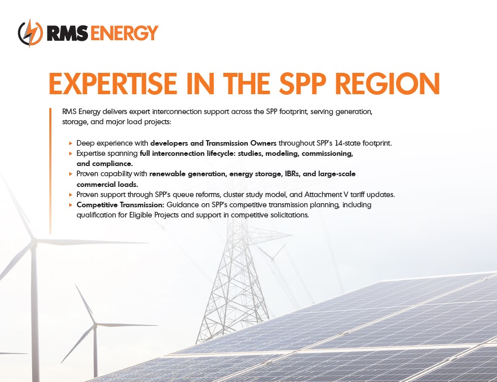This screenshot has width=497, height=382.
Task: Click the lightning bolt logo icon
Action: pyautogui.click(x=31, y=33)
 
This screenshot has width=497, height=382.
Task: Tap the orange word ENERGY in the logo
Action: pyautogui.click(x=124, y=33)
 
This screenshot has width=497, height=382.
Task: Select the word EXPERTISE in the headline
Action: pyautogui.click(x=113, y=84)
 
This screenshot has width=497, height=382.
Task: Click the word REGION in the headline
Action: pyautogui.click(x=388, y=84)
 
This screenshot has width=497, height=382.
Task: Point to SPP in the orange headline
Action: pyautogui.click(x=303, y=84)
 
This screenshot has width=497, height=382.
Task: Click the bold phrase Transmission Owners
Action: pyautogui.click(x=241, y=143)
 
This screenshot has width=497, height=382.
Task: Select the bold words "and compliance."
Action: pyautogui.click(x=105, y=163)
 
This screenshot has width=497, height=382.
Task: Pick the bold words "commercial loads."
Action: pyautogui.click(x=107, y=184)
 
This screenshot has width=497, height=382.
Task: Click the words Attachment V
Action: pyautogui.click(x=328, y=195)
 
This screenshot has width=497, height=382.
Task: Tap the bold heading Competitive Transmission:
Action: pyautogui.click(x=121, y=205)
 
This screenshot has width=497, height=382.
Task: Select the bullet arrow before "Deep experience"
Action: pyautogui.click(x=71, y=144)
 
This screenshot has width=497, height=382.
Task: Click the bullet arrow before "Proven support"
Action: pyautogui.click(x=71, y=195)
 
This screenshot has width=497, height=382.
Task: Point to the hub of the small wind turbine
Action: pyautogui.click(x=95, y=325)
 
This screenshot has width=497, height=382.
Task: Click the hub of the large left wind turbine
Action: pyautogui.click(x=33, y=242)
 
